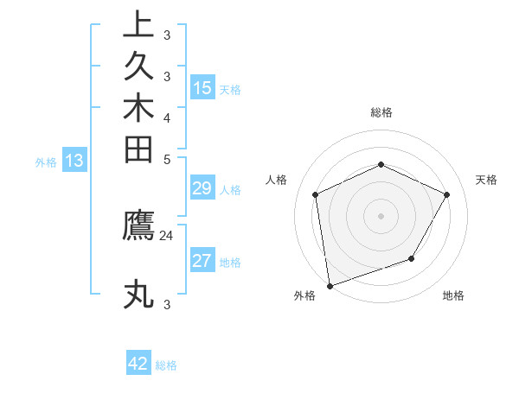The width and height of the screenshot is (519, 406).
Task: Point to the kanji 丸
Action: [x=138, y=294]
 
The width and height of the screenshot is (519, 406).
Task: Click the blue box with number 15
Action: [x=202, y=87]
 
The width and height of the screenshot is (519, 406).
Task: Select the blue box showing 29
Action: [x=202, y=189]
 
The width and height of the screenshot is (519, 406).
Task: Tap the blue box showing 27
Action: [x=202, y=261]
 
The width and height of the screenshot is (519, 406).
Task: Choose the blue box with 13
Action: [x=74, y=160]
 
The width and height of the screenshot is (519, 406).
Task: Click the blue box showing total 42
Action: [x=138, y=364]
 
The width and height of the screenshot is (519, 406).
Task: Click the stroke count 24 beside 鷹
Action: [x=167, y=234]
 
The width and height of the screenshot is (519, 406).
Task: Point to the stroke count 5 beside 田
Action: [x=167, y=159]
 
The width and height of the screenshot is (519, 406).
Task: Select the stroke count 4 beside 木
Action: [x=167, y=117]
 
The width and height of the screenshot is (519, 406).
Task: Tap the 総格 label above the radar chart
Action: [x=381, y=112]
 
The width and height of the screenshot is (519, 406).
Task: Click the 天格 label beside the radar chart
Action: [x=486, y=180]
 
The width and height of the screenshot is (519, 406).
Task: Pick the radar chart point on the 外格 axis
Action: [x=330, y=285]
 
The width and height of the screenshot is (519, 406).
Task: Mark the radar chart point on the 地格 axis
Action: [x=412, y=258]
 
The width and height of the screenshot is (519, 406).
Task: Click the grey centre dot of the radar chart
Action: [x=381, y=215]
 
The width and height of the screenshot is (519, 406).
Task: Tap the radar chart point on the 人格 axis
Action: [x=316, y=194]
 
